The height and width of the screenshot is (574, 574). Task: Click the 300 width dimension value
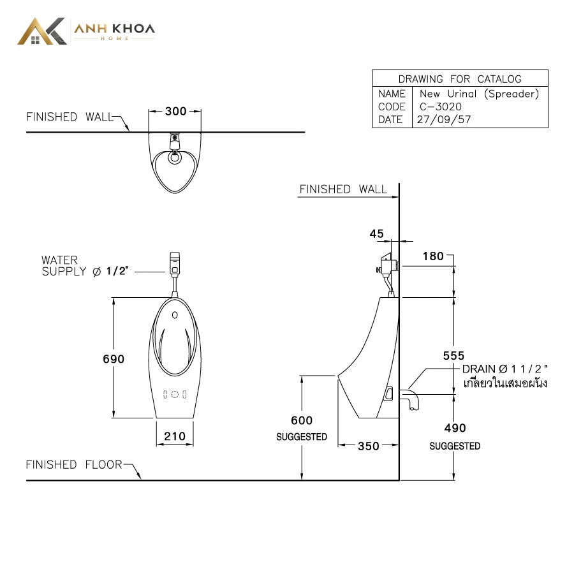point(176,111)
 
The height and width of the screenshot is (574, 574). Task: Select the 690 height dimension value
point(114,358)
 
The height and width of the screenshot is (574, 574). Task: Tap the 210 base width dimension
point(175,436)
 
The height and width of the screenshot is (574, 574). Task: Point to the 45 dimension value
point(377,233)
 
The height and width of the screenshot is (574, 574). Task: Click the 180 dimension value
point(433,256)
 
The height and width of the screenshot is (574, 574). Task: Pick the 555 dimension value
point(453,355)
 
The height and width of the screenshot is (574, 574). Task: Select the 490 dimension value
point(455,427)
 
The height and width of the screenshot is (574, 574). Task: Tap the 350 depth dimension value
point(369,446)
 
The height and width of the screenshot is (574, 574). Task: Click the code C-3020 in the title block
point(440,107)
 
